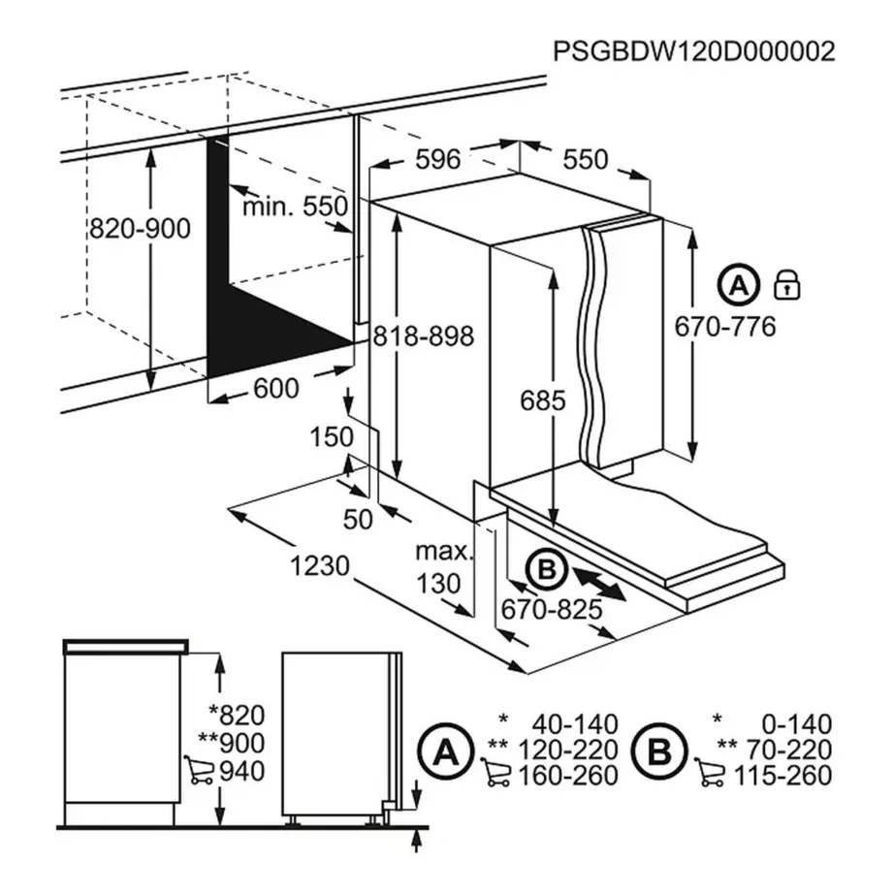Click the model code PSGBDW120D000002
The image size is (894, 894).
(692, 51)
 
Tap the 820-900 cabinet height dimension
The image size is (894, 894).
(140, 229)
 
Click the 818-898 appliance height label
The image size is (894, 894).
(424, 336)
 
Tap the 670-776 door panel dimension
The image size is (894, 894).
(725, 327)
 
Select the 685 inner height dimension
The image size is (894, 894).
(541, 400)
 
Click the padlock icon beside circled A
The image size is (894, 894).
(786, 286)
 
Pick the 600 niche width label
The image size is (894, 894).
(275, 390)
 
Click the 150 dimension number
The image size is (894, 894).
(332, 437)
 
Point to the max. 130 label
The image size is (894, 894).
(443, 568)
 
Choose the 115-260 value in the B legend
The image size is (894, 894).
(783, 776)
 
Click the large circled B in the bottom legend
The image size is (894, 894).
(661, 750)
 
